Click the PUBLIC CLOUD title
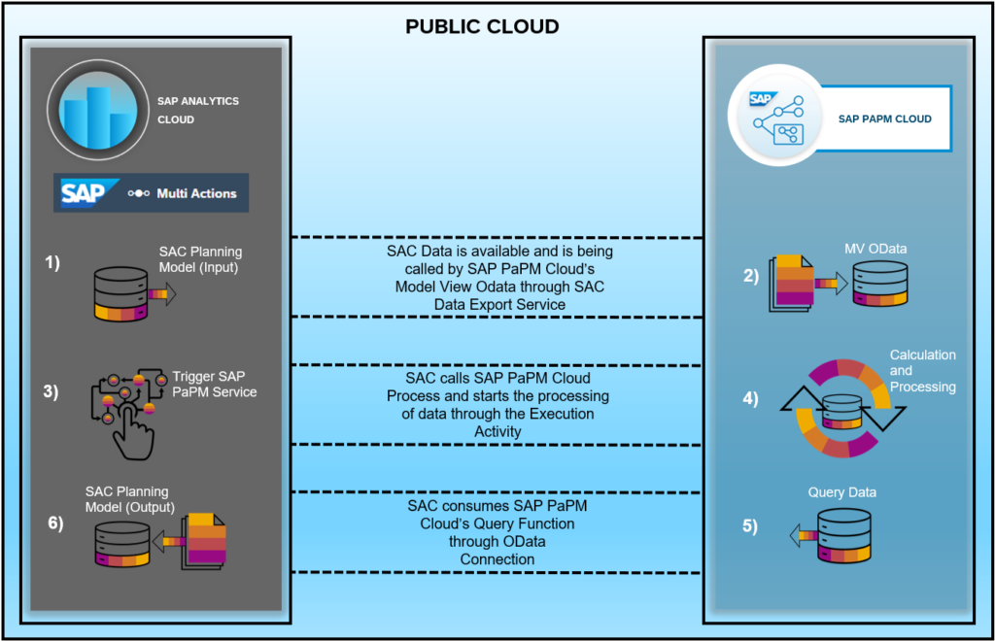coord(482,26)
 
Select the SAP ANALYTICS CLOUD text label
coord(197,110)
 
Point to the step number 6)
coord(55,524)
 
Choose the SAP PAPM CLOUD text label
coord(884,119)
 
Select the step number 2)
coord(751,275)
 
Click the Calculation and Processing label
coord(922,371)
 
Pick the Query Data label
coord(841,492)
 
